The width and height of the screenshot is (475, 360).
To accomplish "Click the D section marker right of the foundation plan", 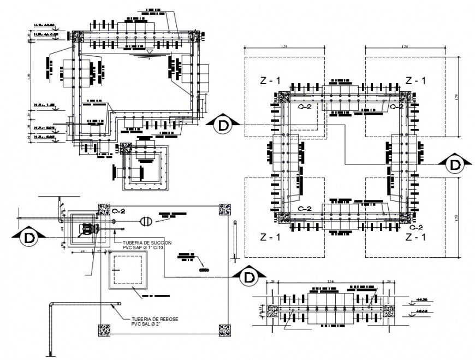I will pos(454,164).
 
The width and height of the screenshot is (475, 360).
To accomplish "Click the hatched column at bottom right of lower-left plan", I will pos(224,329).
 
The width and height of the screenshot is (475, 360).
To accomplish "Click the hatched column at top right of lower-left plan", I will pos(224,209).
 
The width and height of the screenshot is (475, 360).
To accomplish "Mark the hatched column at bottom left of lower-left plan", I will pos(104,329).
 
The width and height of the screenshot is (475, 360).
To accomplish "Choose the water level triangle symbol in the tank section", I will pos(149,52).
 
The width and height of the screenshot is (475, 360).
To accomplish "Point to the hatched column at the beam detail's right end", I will pos(388,311).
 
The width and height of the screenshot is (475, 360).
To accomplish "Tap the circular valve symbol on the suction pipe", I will pos(145,221).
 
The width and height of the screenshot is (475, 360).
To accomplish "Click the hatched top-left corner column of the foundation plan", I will pos(283,97).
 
